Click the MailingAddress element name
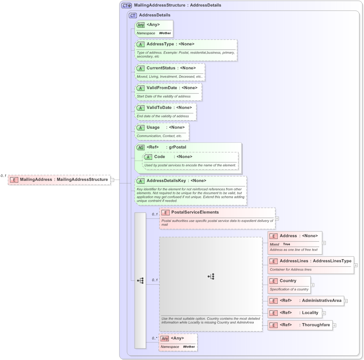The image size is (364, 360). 36,180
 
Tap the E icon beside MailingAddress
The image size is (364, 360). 14,180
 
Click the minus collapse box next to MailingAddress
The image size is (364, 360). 113,180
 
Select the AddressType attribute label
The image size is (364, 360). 160,44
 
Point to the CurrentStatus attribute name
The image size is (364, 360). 161,68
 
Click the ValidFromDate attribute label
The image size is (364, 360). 162,88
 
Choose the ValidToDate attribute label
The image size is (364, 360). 159,108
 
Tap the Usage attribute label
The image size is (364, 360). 153,127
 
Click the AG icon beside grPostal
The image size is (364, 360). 140,147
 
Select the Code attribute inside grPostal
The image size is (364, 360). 159,157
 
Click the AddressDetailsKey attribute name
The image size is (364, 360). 166,181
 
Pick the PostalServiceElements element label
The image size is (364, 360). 195,212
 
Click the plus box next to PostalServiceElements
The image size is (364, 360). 277,218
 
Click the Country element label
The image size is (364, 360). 288,281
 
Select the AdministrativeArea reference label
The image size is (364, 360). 321,301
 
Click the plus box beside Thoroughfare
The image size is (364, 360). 334,325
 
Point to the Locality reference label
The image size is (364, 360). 310,313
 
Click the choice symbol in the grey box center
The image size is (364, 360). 211,277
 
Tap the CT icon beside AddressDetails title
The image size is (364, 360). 133,15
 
